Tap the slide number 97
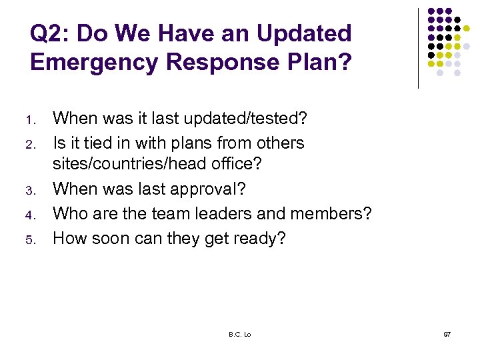(x=446, y=334)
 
